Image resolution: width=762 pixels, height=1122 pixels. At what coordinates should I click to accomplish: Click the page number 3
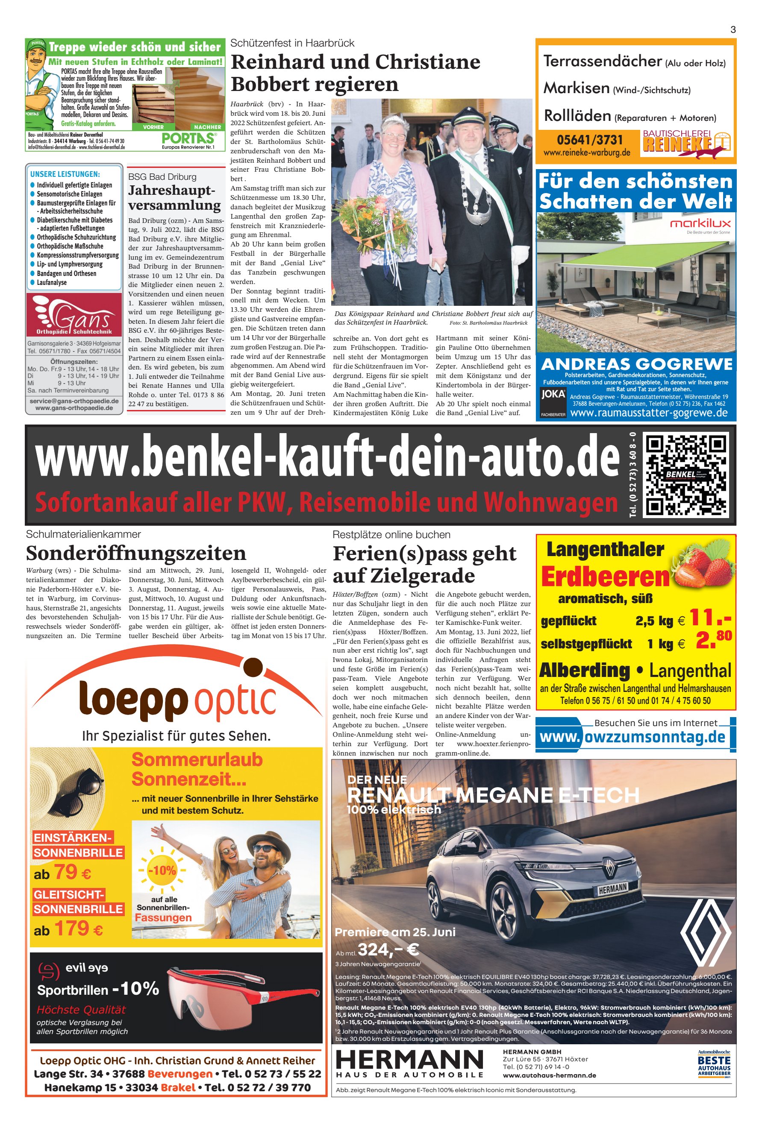(x=733, y=30)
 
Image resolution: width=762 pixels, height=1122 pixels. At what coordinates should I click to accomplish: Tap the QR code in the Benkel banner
(x=686, y=475)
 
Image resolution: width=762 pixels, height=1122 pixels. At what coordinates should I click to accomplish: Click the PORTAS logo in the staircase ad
(x=188, y=138)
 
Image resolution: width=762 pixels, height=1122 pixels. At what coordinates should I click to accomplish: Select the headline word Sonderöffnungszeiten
(x=136, y=553)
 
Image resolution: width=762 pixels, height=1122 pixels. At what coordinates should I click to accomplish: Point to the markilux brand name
(x=700, y=223)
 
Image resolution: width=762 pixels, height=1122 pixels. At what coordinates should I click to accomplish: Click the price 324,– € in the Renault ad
(x=388, y=949)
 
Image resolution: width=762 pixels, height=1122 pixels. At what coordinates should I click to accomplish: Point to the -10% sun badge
(x=163, y=870)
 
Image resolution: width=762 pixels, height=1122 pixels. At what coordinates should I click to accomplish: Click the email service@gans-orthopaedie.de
(x=74, y=401)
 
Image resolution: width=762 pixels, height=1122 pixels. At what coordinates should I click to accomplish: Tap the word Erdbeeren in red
(x=605, y=577)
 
